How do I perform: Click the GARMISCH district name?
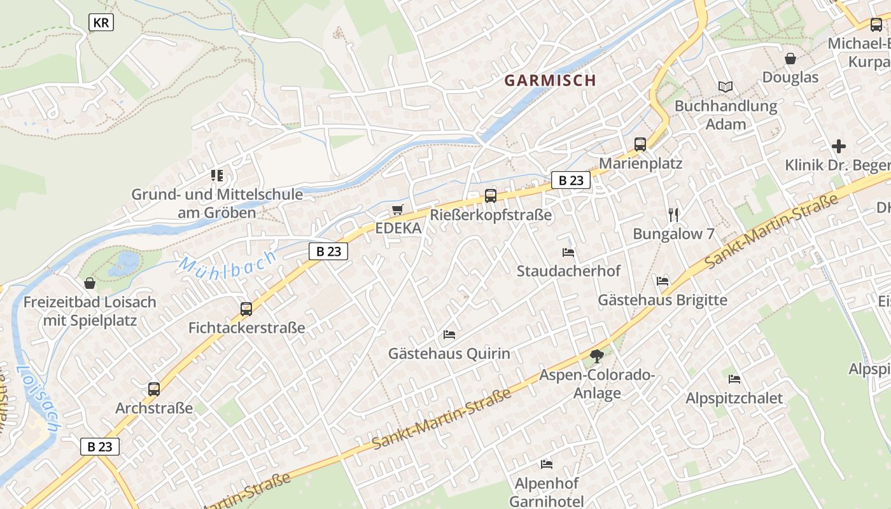(551, 81)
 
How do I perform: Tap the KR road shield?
(101, 23)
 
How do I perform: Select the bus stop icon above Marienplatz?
(640, 144)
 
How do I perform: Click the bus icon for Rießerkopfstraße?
(490, 196)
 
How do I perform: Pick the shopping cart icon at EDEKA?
(398, 209)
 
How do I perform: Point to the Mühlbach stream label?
(228, 263)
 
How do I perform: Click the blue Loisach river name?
(37, 398)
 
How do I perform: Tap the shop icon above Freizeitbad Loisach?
(90, 282)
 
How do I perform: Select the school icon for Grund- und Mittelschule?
(217, 175)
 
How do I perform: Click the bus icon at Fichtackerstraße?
(246, 309)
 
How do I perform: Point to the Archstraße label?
(154, 408)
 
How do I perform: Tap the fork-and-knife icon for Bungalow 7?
(673, 214)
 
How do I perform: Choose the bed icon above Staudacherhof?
(568, 253)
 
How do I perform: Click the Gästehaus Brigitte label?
(662, 300)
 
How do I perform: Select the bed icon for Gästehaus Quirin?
(449, 334)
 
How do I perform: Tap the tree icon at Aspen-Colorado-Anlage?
(596, 356)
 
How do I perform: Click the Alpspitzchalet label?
(734, 398)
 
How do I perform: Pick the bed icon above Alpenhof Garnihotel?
(546, 464)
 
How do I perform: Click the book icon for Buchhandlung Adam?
(726, 87)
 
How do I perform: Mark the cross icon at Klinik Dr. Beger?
(839, 146)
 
